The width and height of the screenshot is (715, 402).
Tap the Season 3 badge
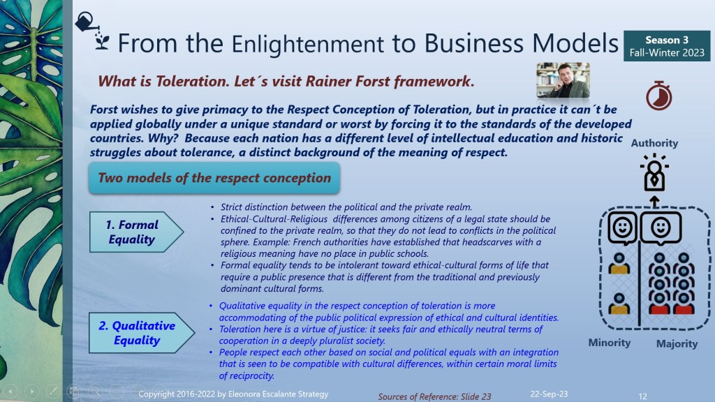point(667,46)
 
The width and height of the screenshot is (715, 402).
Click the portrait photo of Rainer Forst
point(563,80)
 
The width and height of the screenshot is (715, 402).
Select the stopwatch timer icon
point(659,96)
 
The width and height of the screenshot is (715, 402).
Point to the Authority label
point(654,143)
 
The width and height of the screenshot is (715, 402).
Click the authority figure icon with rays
point(654,173)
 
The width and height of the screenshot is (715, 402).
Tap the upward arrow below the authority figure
point(654,202)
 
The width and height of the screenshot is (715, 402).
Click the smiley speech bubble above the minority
point(622,228)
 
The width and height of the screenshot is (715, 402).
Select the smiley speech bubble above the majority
point(661,228)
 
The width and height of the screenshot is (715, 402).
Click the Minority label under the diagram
point(609,343)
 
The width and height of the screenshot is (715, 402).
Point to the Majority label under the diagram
point(677,343)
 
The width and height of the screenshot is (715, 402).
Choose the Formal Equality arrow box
point(136,232)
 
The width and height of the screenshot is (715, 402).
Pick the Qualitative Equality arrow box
point(142,333)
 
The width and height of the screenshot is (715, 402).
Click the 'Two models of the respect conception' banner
point(214,178)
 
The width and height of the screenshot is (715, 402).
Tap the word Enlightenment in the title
point(308,44)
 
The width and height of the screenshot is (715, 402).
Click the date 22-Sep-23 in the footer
point(549,394)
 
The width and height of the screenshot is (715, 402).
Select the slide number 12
point(642,396)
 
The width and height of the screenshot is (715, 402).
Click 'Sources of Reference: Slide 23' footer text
point(434,396)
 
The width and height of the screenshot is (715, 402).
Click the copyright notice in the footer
point(233,394)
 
